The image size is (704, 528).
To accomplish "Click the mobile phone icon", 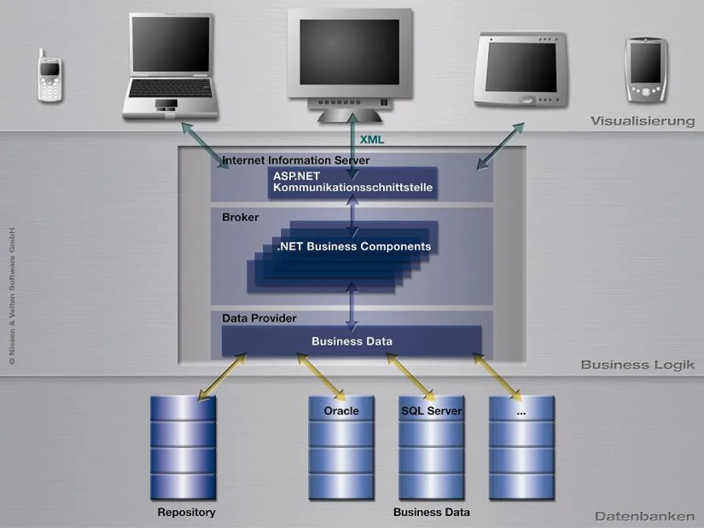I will tap(50, 76).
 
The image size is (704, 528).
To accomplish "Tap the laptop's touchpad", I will tap(166, 104).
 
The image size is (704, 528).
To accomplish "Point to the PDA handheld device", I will tap(646, 69).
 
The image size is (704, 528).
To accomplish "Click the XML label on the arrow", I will tap(372, 140).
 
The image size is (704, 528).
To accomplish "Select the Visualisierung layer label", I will tap(642, 121).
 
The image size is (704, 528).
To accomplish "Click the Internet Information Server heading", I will tap(296, 160).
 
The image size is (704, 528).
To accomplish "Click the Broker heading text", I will tap(240, 217).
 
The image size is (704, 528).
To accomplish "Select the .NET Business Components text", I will tap(354, 246).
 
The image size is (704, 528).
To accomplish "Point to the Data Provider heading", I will tap(259, 318).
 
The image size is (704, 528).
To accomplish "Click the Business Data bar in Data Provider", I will tap(351, 341).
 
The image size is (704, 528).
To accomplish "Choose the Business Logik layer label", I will tap(637, 364).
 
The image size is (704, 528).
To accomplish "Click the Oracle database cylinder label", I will tap(341, 411).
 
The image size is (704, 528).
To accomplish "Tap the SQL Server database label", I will tap(431, 411).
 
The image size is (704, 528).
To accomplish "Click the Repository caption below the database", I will tap(186, 512).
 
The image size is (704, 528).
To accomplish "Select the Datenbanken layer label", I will tap(644, 516).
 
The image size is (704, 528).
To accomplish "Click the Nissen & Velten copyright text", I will tap(12, 296).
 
